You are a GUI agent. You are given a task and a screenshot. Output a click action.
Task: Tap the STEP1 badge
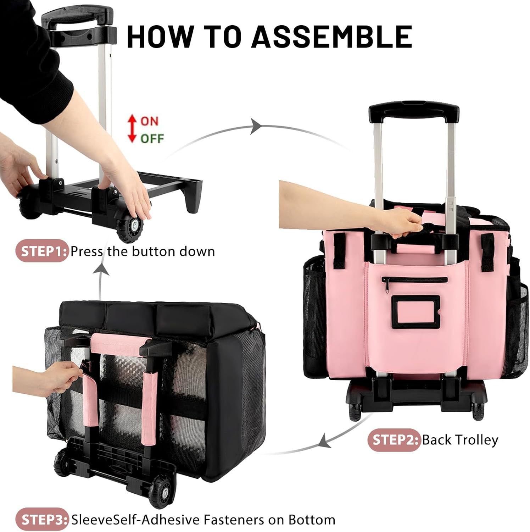(x=42, y=251)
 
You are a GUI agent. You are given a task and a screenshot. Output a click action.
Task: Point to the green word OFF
(x=152, y=138)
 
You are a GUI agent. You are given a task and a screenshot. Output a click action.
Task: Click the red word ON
(x=149, y=121)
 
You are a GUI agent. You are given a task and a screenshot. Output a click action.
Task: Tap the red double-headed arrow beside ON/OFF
(x=132, y=129)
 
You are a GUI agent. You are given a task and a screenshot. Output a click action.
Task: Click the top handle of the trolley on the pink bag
(x=413, y=110)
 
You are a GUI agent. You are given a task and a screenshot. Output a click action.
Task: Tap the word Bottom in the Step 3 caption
(x=312, y=520)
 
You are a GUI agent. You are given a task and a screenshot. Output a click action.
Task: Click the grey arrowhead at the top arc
(x=257, y=126)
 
